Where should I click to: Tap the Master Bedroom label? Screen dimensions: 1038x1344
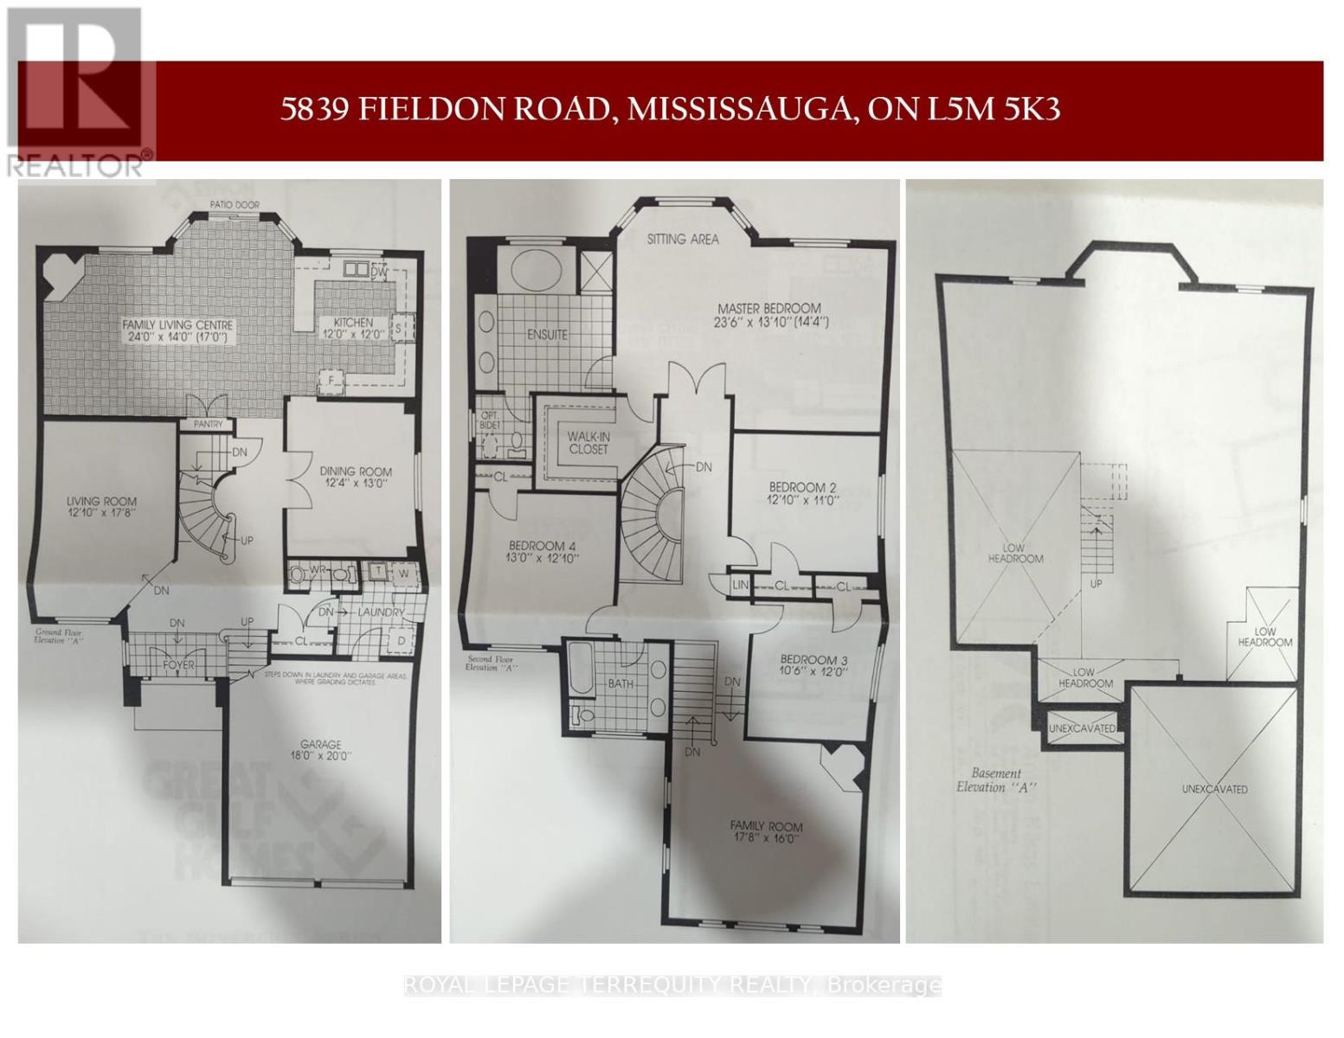pos(768,308)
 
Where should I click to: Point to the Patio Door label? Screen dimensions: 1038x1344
pos(234,205)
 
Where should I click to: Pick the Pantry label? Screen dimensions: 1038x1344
pos(208,424)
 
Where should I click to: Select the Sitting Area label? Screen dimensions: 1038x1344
pos(683,240)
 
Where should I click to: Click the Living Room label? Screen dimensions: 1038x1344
pos(102,501)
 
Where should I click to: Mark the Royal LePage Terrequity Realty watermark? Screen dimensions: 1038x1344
pos(672,984)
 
